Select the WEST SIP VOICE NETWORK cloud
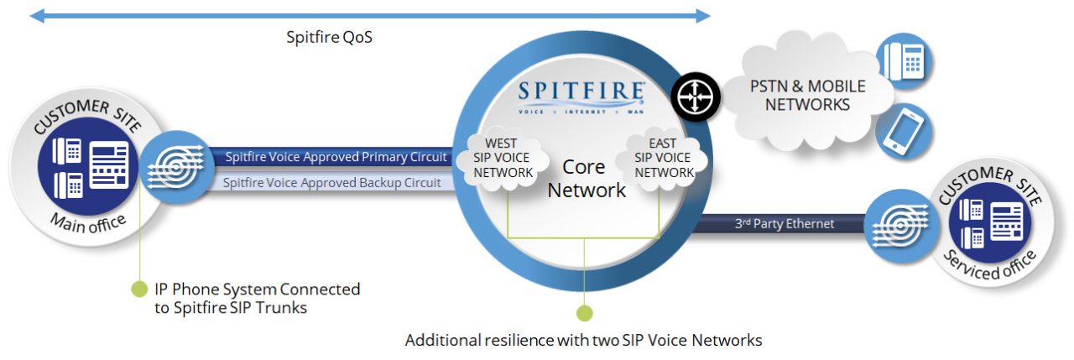pyautogui.click(x=503, y=159)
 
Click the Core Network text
pyautogui.click(x=587, y=178)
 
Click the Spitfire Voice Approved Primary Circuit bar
pyautogui.click(x=336, y=157)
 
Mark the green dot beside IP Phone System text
pyautogui.click(x=138, y=290)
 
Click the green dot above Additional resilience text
pyautogui.click(x=584, y=313)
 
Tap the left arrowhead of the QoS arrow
pyautogui.click(x=35, y=14)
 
